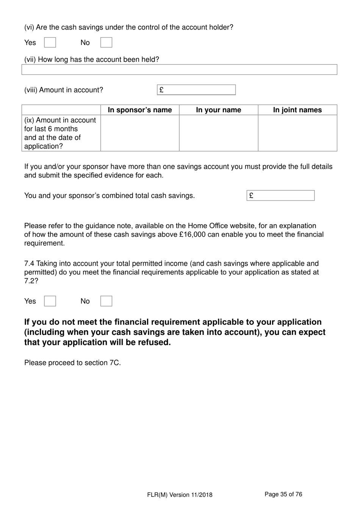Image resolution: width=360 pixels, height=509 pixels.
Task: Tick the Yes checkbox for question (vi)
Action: [x=50, y=42]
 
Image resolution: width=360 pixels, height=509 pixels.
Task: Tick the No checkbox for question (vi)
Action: [x=106, y=42]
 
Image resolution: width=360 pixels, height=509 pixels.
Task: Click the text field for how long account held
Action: [x=179, y=69]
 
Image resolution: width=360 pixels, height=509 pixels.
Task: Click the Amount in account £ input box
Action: [x=196, y=90]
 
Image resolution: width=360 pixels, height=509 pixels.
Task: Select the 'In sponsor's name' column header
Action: [x=140, y=110]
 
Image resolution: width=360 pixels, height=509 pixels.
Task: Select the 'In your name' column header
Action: [x=218, y=110]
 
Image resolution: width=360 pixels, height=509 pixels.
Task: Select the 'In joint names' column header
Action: [x=297, y=110]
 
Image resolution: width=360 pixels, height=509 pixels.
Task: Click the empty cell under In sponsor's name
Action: [x=140, y=133]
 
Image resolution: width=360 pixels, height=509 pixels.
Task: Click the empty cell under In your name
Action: [x=218, y=133]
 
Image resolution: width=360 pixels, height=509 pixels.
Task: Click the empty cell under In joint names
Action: [x=297, y=133]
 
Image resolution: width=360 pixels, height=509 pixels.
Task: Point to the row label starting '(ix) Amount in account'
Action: [x=61, y=133]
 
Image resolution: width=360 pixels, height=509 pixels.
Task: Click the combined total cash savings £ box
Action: [x=280, y=196]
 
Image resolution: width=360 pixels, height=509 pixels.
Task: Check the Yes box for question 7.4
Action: [x=50, y=301]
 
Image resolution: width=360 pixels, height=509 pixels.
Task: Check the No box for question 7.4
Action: [x=106, y=301]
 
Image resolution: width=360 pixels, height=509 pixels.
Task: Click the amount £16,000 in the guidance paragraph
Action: [x=192, y=234]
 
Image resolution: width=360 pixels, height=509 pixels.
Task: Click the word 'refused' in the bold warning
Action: [x=154, y=342]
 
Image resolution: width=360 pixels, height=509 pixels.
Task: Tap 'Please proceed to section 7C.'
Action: [x=72, y=363]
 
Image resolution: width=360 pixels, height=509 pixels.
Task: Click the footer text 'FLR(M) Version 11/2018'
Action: [x=180, y=495]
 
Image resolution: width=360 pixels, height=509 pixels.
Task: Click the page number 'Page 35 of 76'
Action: [x=283, y=494]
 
